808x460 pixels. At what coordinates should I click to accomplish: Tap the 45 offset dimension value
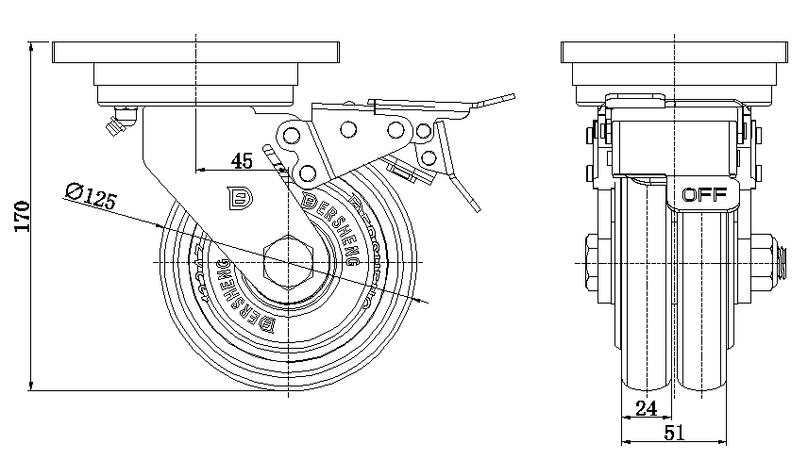[242, 161]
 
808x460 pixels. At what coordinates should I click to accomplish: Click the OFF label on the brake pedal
[703, 196]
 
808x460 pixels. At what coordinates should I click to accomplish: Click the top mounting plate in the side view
[196, 51]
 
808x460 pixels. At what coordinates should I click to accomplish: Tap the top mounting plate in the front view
[675, 51]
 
